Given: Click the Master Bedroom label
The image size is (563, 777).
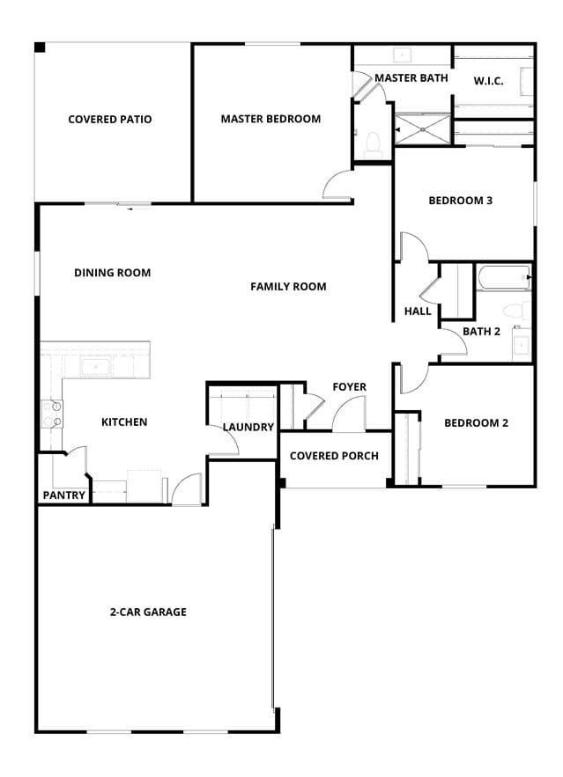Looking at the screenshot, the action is click(x=270, y=119).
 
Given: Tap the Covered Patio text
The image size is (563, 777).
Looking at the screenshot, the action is click(x=110, y=120).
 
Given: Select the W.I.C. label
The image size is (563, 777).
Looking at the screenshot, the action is click(x=489, y=81).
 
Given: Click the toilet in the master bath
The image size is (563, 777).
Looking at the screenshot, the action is click(x=373, y=144).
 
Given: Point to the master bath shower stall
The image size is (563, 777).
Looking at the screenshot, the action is click(x=423, y=129).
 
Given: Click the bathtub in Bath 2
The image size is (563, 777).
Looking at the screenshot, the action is click(x=503, y=277).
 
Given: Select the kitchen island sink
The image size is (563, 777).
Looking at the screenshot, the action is click(x=97, y=368).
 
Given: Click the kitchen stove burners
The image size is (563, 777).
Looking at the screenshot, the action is click(x=52, y=414).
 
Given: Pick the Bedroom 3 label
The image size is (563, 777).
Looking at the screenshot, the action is click(x=460, y=201).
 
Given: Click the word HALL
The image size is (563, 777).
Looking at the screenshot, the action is click(x=418, y=312).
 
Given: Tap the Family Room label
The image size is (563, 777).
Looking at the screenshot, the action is click(x=288, y=286).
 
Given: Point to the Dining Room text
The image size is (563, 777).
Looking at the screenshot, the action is click(x=113, y=273).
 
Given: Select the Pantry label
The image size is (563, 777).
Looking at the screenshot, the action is click(x=64, y=495).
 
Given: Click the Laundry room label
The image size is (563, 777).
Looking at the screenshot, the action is click(x=248, y=427).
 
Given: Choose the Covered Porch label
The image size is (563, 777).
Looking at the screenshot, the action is click(x=334, y=456).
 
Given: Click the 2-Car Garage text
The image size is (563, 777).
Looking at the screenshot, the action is click(x=148, y=612).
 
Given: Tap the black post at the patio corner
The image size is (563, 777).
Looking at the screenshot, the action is click(x=40, y=47).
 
